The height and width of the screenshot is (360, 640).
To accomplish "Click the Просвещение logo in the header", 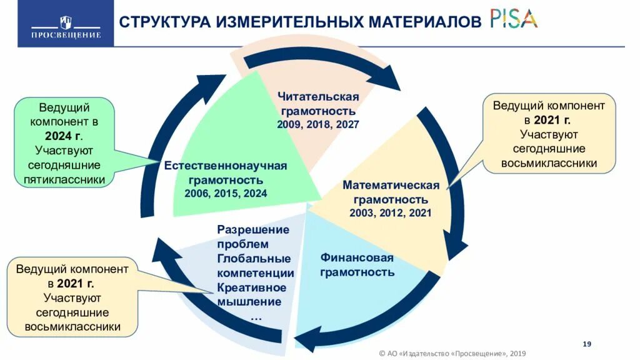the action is tap(66, 27).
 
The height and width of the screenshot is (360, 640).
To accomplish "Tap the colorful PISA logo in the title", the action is tap(513, 19).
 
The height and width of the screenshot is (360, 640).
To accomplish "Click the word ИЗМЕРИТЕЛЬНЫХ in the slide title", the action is tap(289, 22).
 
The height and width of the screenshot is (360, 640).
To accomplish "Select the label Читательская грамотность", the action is tap(318, 103).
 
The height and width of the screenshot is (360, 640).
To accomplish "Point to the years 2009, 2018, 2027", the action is tap(318, 124).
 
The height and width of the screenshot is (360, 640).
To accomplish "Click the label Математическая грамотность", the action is tap(391, 192).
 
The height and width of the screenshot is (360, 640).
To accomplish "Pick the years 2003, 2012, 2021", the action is tap(391, 213).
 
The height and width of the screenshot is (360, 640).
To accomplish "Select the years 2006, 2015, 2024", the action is tap(226, 193).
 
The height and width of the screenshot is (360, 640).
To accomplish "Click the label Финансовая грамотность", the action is tap(357, 264).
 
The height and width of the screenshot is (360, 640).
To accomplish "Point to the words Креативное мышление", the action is tap(251, 295).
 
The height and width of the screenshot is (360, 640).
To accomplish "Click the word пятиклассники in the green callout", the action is tap(64, 179).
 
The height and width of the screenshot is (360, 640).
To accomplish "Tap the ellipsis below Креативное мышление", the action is tap(256, 317).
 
